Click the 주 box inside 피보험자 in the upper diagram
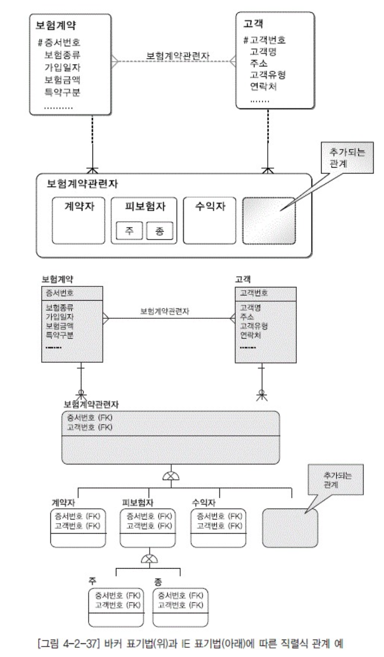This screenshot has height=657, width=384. click(x=129, y=230)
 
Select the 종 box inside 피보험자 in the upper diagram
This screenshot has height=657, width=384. click(x=159, y=230)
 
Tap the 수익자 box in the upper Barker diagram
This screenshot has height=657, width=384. click(x=210, y=220)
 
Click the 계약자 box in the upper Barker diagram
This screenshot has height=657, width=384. click(x=79, y=220)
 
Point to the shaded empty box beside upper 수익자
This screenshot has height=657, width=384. click(x=269, y=221)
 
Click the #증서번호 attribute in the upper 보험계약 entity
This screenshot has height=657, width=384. click(x=59, y=43)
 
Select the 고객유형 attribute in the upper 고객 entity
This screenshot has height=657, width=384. click(x=268, y=75)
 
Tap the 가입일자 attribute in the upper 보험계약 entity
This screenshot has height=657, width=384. click(x=62, y=68)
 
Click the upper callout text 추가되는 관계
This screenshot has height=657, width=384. click(x=346, y=158)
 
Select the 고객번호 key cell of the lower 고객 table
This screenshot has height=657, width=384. click(x=254, y=293)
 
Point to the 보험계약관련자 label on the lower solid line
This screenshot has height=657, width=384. click(x=165, y=311)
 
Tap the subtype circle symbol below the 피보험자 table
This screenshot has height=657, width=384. click(x=149, y=559)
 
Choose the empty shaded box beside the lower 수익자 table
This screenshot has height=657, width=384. click(x=290, y=528)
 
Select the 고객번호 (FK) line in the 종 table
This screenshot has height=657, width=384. click(x=180, y=605)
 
